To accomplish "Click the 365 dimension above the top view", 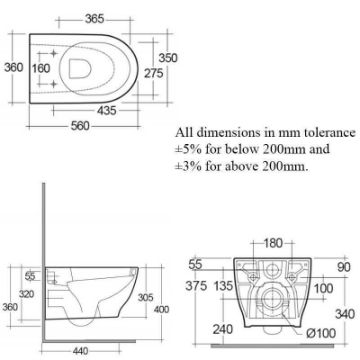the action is tap(94, 19).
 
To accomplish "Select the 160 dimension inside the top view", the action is tap(41, 68).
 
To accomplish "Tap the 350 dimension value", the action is tap(168, 58).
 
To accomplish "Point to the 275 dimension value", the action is tap(154, 73).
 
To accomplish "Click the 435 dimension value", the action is tap(107, 110).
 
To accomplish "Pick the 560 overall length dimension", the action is tap(80, 126).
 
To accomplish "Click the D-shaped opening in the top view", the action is tap(80, 69).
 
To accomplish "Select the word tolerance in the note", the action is tap(329, 132).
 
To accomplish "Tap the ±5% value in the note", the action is tap(188, 149).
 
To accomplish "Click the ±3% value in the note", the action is tap(188, 166).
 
